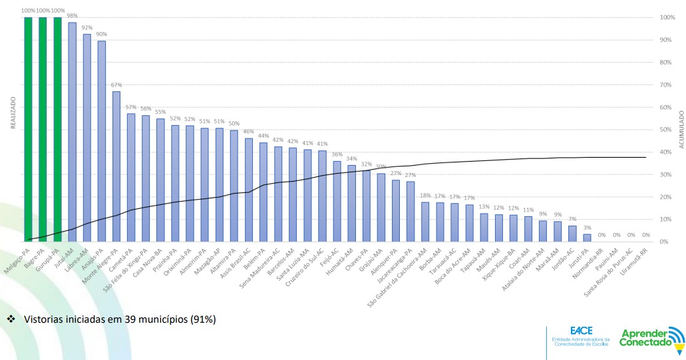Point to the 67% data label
(x=116, y=85)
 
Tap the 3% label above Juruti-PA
(x=587, y=228)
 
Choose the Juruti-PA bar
(x=587, y=238)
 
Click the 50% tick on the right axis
(x=667, y=130)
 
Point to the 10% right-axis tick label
(x=667, y=220)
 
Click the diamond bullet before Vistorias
(x=11, y=319)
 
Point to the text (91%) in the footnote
(x=203, y=319)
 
